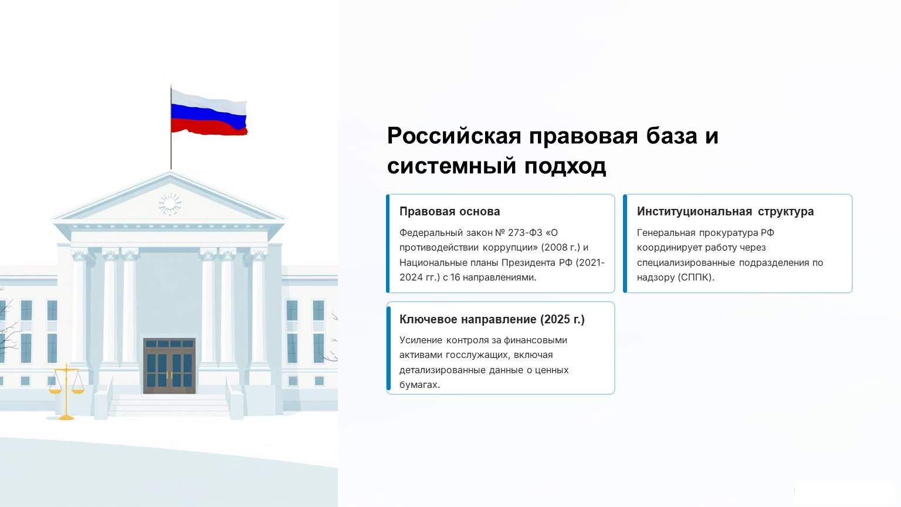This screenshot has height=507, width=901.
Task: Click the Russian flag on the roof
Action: (209, 113)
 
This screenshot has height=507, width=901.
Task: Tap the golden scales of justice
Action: (66, 392)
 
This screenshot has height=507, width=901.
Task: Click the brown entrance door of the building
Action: (170, 366)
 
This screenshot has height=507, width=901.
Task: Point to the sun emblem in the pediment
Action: (170, 203)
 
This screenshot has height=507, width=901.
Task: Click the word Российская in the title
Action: (454, 136)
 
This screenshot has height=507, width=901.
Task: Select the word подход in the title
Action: (565, 166)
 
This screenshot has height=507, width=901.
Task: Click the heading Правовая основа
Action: (450, 211)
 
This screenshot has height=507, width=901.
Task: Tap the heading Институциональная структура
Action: (725, 211)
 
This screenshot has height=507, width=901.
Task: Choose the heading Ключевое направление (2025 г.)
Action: (492, 319)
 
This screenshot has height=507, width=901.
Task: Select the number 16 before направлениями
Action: (455, 277)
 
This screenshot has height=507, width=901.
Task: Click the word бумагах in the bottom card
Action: (419, 385)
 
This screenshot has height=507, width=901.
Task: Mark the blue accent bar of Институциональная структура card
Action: (625, 244)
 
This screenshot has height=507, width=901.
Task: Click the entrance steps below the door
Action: (170, 405)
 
